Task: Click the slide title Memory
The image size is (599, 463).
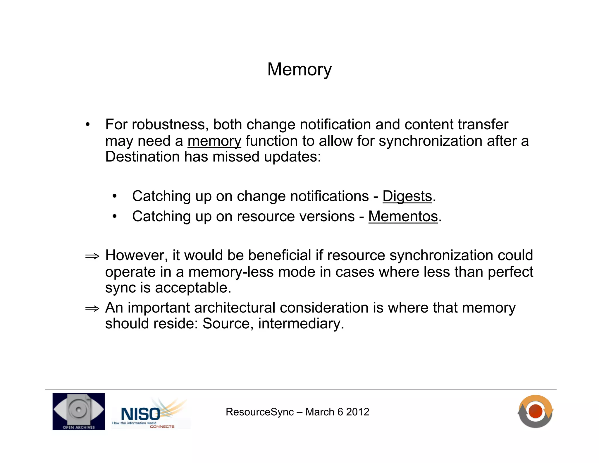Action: pyautogui.click(x=299, y=70)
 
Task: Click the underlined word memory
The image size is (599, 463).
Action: pyautogui.click(x=214, y=141)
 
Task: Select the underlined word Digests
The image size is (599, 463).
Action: pyautogui.click(x=407, y=196)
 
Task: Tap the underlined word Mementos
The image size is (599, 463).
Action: pyautogui.click(x=403, y=217)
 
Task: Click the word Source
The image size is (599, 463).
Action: pyautogui.click(x=226, y=324)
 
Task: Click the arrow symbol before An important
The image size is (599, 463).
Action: pyautogui.click(x=92, y=309)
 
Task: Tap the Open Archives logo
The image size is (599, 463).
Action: pyautogui.click(x=79, y=411)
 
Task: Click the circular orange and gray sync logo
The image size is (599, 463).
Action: pyautogui.click(x=535, y=411)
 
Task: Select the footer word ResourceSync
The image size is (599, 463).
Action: pyautogui.click(x=259, y=412)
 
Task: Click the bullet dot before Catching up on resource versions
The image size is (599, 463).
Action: pyautogui.click(x=115, y=217)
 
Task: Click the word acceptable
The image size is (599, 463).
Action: pyautogui.click(x=193, y=288)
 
